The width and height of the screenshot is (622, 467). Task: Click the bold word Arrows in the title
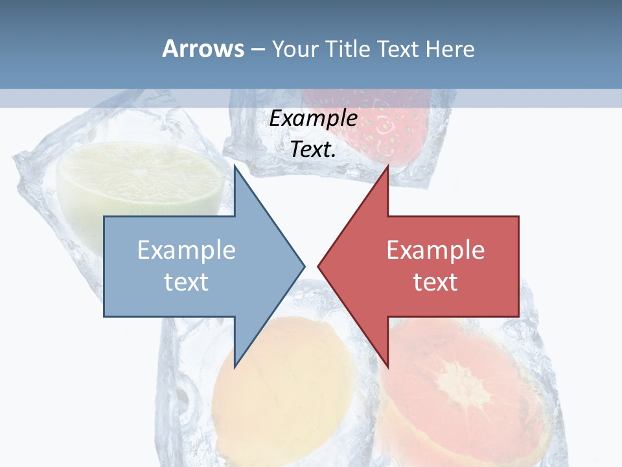point(203,49)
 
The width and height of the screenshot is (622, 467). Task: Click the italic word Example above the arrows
point(313,119)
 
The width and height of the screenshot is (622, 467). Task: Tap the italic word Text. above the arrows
point(313,150)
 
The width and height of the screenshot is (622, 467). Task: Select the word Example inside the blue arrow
point(186,250)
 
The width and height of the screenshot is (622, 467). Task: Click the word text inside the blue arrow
point(186,281)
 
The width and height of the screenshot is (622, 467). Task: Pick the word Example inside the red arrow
point(435,250)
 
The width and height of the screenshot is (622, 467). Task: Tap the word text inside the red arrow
point(435,281)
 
